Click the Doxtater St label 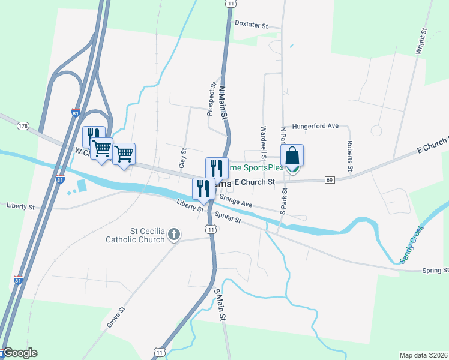tap(250, 26)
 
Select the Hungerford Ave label tap(316, 127)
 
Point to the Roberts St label tap(349, 155)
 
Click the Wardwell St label tap(263, 139)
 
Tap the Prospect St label tap(211, 100)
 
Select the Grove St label tap(116, 317)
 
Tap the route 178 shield tap(23, 126)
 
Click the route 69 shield tap(330, 179)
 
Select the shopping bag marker tap(292, 156)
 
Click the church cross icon tap(174, 234)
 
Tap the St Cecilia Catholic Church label tap(135, 235)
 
